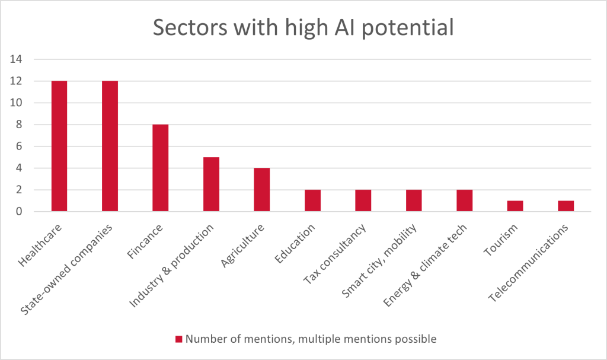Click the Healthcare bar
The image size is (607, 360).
(x=59, y=146)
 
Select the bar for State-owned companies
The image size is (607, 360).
(x=110, y=146)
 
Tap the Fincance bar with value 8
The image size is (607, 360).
(x=160, y=168)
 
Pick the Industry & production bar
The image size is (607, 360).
(x=211, y=184)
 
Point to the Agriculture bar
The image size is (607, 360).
(x=261, y=190)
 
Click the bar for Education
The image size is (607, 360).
(x=312, y=200)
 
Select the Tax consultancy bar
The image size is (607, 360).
(x=363, y=200)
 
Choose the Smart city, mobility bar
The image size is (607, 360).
(x=414, y=200)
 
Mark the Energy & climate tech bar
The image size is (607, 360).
(x=464, y=200)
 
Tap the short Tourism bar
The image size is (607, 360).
(x=515, y=206)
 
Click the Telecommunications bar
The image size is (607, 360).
(x=566, y=206)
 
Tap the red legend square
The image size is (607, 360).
(x=178, y=339)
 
